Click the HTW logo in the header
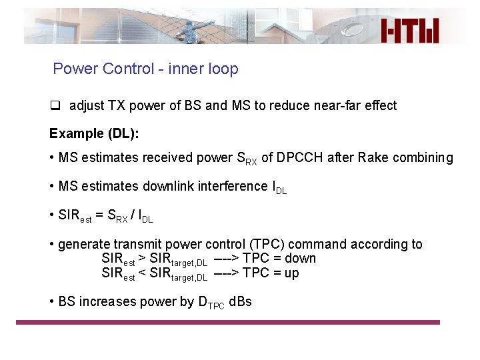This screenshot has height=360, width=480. (410, 31)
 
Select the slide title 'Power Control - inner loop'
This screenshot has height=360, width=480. (145, 69)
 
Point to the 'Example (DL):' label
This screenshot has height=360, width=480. (94, 133)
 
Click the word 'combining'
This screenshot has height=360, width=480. (422, 158)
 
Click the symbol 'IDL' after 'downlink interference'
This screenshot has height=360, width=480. (279, 187)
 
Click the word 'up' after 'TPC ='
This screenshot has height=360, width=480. (291, 273)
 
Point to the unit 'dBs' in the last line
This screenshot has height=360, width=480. (240, 301)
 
